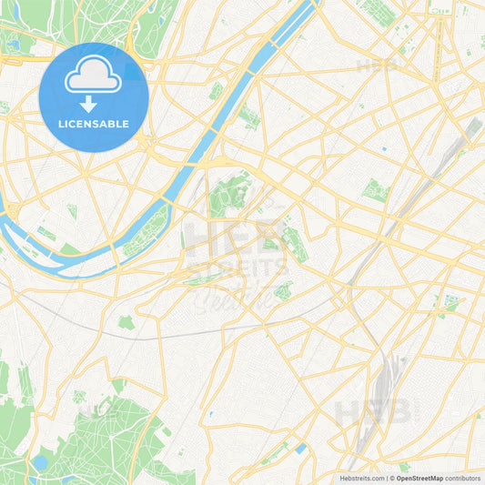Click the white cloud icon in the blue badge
pyautogui.click(x=94, y=76)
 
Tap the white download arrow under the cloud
pyautogui.click(x=94, y=104)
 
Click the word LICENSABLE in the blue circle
pyautogui.click(x=94, y=124)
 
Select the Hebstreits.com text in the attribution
pyautogui.click(x=359, y=478)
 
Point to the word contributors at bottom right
pyautogui.click(x=463, y=478)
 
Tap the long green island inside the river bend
pyautogui.click(x=146, y=232)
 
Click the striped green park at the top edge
pyautogui.click(x=379, y=11)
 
